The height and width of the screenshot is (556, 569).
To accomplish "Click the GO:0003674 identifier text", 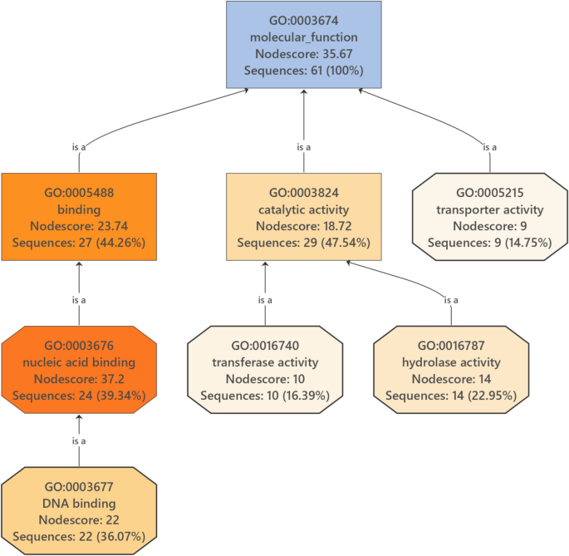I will tap(304, 21).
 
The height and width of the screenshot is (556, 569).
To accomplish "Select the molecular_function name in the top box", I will tap(304, 37).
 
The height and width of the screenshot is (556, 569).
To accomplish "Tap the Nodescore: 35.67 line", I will tap(304, 54).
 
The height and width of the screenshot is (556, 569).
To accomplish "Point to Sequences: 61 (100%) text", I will tap(304, 71).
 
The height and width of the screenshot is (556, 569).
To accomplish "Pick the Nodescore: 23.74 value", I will tap(78, 226).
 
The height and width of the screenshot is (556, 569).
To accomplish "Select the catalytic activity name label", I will tap(304, 209).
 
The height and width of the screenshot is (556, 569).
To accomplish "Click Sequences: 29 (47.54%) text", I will tap(304, 243).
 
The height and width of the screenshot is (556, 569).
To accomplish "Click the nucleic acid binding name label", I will tap(78, 362).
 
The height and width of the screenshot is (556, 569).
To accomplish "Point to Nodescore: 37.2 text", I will tap(78, 379).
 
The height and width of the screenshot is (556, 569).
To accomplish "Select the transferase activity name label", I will tap(266, 362).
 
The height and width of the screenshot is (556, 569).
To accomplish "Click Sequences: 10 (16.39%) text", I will tap(266, 396).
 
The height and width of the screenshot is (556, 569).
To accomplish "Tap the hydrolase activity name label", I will tap(451, 362).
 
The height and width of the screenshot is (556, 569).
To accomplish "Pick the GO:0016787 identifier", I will tap(451, 346).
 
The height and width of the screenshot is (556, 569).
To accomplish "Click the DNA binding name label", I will tap(78, 504).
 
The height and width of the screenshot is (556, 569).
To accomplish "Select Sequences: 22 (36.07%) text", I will tap(78, 537).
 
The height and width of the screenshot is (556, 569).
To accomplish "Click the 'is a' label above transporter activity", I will tap(490, 147).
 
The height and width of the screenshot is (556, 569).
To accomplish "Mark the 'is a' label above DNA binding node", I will tap(79, 440).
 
